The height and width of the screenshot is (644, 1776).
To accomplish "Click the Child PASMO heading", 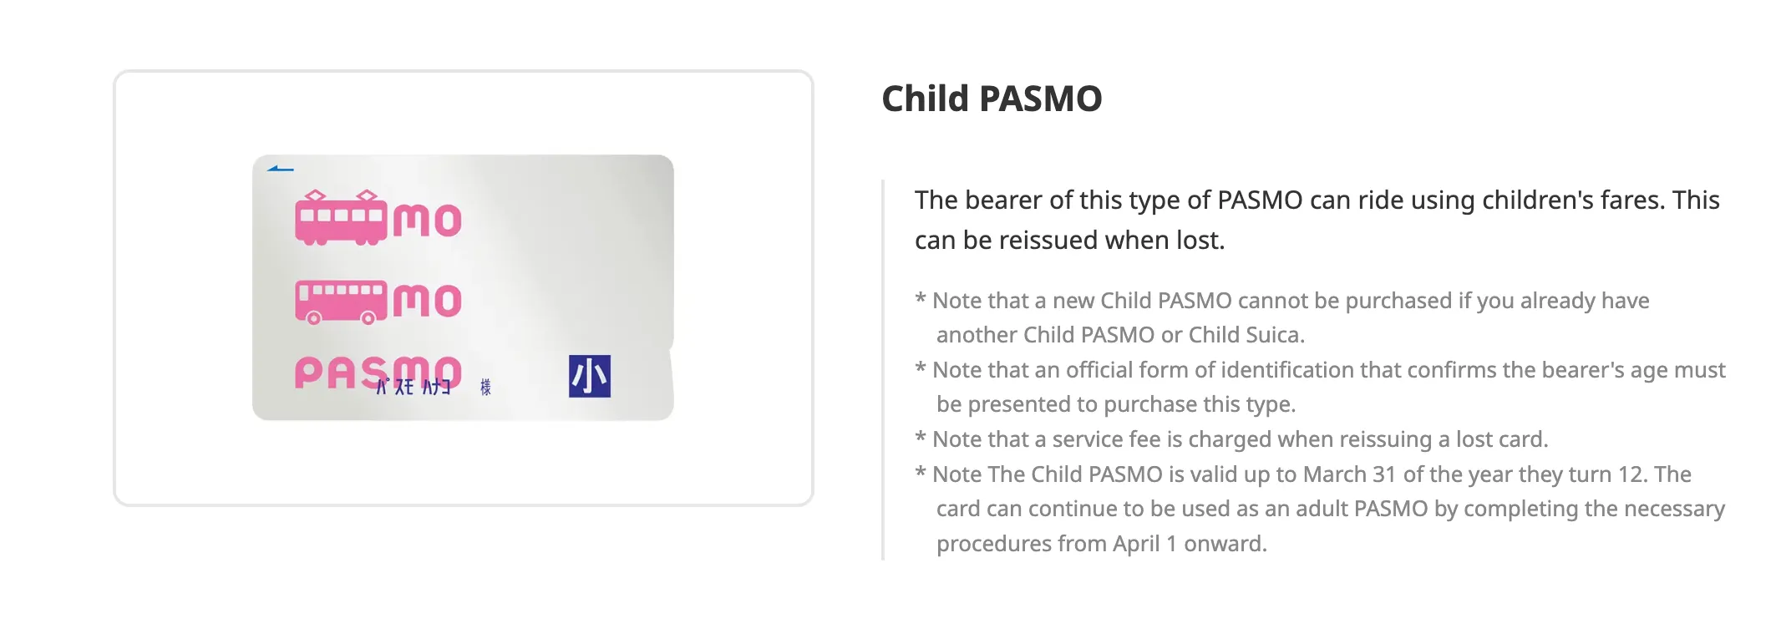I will point(992,99).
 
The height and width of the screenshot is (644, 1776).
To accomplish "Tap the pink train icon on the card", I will point(342,218).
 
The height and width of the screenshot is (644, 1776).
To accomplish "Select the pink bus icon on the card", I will point(342,302).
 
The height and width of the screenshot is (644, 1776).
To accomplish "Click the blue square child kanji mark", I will point(589,376).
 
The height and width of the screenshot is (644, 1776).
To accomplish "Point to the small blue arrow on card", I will point(280,169).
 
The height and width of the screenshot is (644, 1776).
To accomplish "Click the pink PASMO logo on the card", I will point(378,373).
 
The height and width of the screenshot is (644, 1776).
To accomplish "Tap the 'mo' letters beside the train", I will point(427,221).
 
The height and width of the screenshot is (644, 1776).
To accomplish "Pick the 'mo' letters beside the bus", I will point(427,301).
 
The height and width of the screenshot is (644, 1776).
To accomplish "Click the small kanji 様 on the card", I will point(485,387).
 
